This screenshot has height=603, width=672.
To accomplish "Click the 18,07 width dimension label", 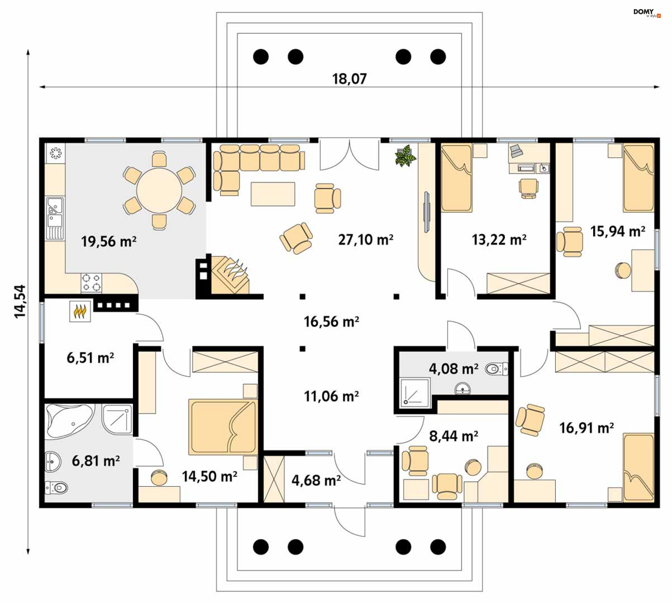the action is tap(349, 79).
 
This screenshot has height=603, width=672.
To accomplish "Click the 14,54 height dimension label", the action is tap(20, 301).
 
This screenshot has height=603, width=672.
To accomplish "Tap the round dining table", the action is tap(159, 190).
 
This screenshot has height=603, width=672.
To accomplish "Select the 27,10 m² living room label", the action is tap(365, 240).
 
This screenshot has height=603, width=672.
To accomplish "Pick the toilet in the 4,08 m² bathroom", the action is tap(496, 369).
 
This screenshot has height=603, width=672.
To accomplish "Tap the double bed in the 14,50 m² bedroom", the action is tap(223, 427).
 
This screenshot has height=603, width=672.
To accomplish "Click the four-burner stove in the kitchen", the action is tap(91, 283).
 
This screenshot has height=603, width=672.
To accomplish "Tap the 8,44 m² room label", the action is tap(454, 436).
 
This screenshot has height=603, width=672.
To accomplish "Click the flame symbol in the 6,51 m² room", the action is tap(80, 311).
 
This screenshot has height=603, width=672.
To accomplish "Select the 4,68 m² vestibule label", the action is tap(316, 481).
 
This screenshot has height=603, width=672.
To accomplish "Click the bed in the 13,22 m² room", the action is tap(456, 178).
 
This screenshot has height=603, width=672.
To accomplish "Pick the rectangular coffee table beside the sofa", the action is tap(273, 194).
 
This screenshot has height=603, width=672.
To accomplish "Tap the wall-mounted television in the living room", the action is tap(427, 212).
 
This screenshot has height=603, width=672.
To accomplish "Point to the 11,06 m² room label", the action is tap(331, 397).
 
